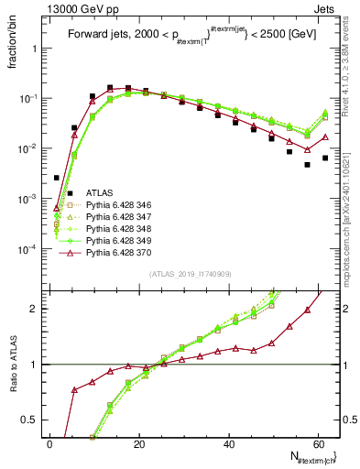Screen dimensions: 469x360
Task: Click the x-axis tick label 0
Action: [x=49, y=443]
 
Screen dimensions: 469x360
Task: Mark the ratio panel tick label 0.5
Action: [x=31, y=420]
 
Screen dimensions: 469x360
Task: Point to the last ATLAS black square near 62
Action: [x=325, y=158]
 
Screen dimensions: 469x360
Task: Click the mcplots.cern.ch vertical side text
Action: [x=351, y=211]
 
